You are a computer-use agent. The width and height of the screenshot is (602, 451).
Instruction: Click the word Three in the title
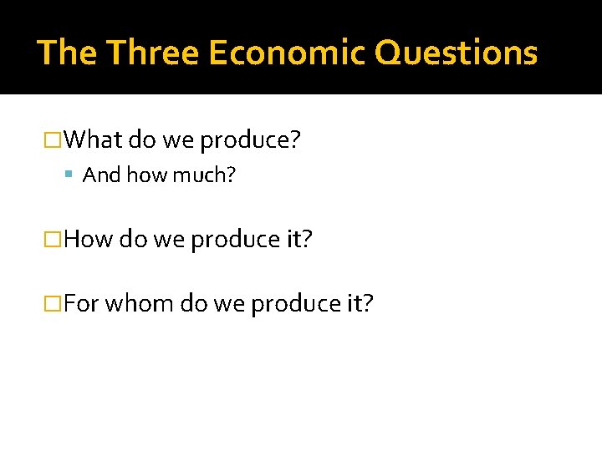click(x=152, y=53)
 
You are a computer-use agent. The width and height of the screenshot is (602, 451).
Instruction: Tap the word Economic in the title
click(x=287, y=53)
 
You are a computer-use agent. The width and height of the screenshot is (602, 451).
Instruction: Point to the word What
click(x=93, y=139)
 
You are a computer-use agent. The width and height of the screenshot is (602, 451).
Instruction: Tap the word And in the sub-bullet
click(x=102, y=175)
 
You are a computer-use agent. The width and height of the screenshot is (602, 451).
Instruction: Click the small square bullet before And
click(x=74, y=175)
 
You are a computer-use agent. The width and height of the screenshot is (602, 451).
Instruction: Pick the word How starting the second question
click(x=88, y=239)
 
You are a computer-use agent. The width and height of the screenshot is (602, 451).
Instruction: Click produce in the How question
click(x=235, y=240)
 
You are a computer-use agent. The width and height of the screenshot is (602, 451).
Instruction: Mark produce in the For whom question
click(x=295, y=303)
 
